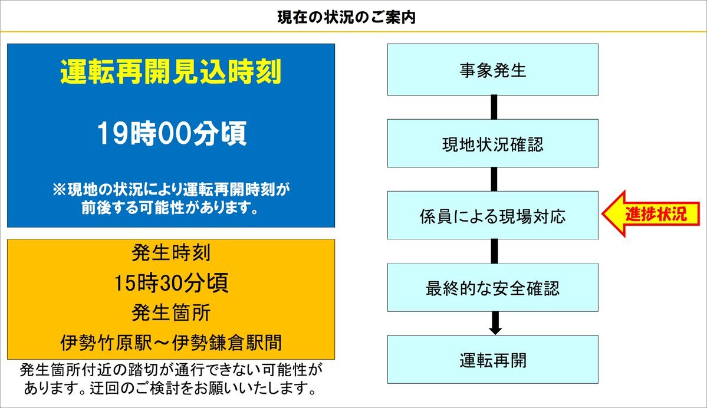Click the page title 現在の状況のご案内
click(346, 18)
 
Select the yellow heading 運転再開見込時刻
click(171, 72)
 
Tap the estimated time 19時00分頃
click(172, 133)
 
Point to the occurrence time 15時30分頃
click(171, 282)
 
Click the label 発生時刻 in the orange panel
click(171, 252)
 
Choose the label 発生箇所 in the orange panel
click(171, 312)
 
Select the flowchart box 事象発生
click(493, 70)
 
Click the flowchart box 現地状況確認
click(493, 143)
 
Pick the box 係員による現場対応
click(493, 215)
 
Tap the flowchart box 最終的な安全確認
click(493, 287)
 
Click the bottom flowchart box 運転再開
click(493, 359)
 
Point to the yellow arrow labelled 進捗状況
click(650, 213)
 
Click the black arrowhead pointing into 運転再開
click(495, 330)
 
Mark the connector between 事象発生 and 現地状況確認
click(494, 107)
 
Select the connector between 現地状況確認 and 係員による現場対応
click(494, 179)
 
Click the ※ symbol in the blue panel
click(59, 190)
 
